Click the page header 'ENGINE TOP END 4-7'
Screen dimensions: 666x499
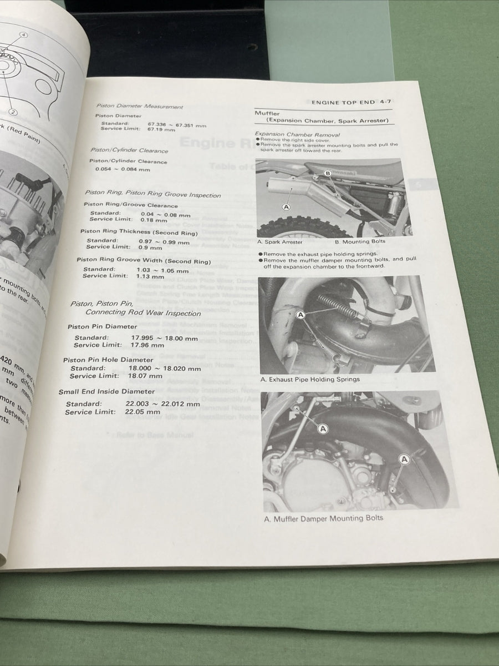point(355,102)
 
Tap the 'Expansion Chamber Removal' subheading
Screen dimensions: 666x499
point(297,134)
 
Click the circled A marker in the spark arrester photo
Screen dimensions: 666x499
point(287,207)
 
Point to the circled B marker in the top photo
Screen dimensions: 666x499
point(327,174)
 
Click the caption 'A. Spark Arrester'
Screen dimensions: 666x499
point(281,242)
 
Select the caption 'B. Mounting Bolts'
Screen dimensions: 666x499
point(360,242)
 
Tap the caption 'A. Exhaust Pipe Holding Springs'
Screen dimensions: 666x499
point(310,380)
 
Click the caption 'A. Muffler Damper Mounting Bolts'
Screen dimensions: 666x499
point(323,518)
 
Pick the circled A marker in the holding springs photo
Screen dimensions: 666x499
point(301,315)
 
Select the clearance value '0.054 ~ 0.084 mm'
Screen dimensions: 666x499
point(123,169)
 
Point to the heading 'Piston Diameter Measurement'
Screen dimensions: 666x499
point(139,106)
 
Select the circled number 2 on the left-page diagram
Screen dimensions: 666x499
point(12,112)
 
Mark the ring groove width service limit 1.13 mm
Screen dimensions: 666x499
point(150,276)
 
